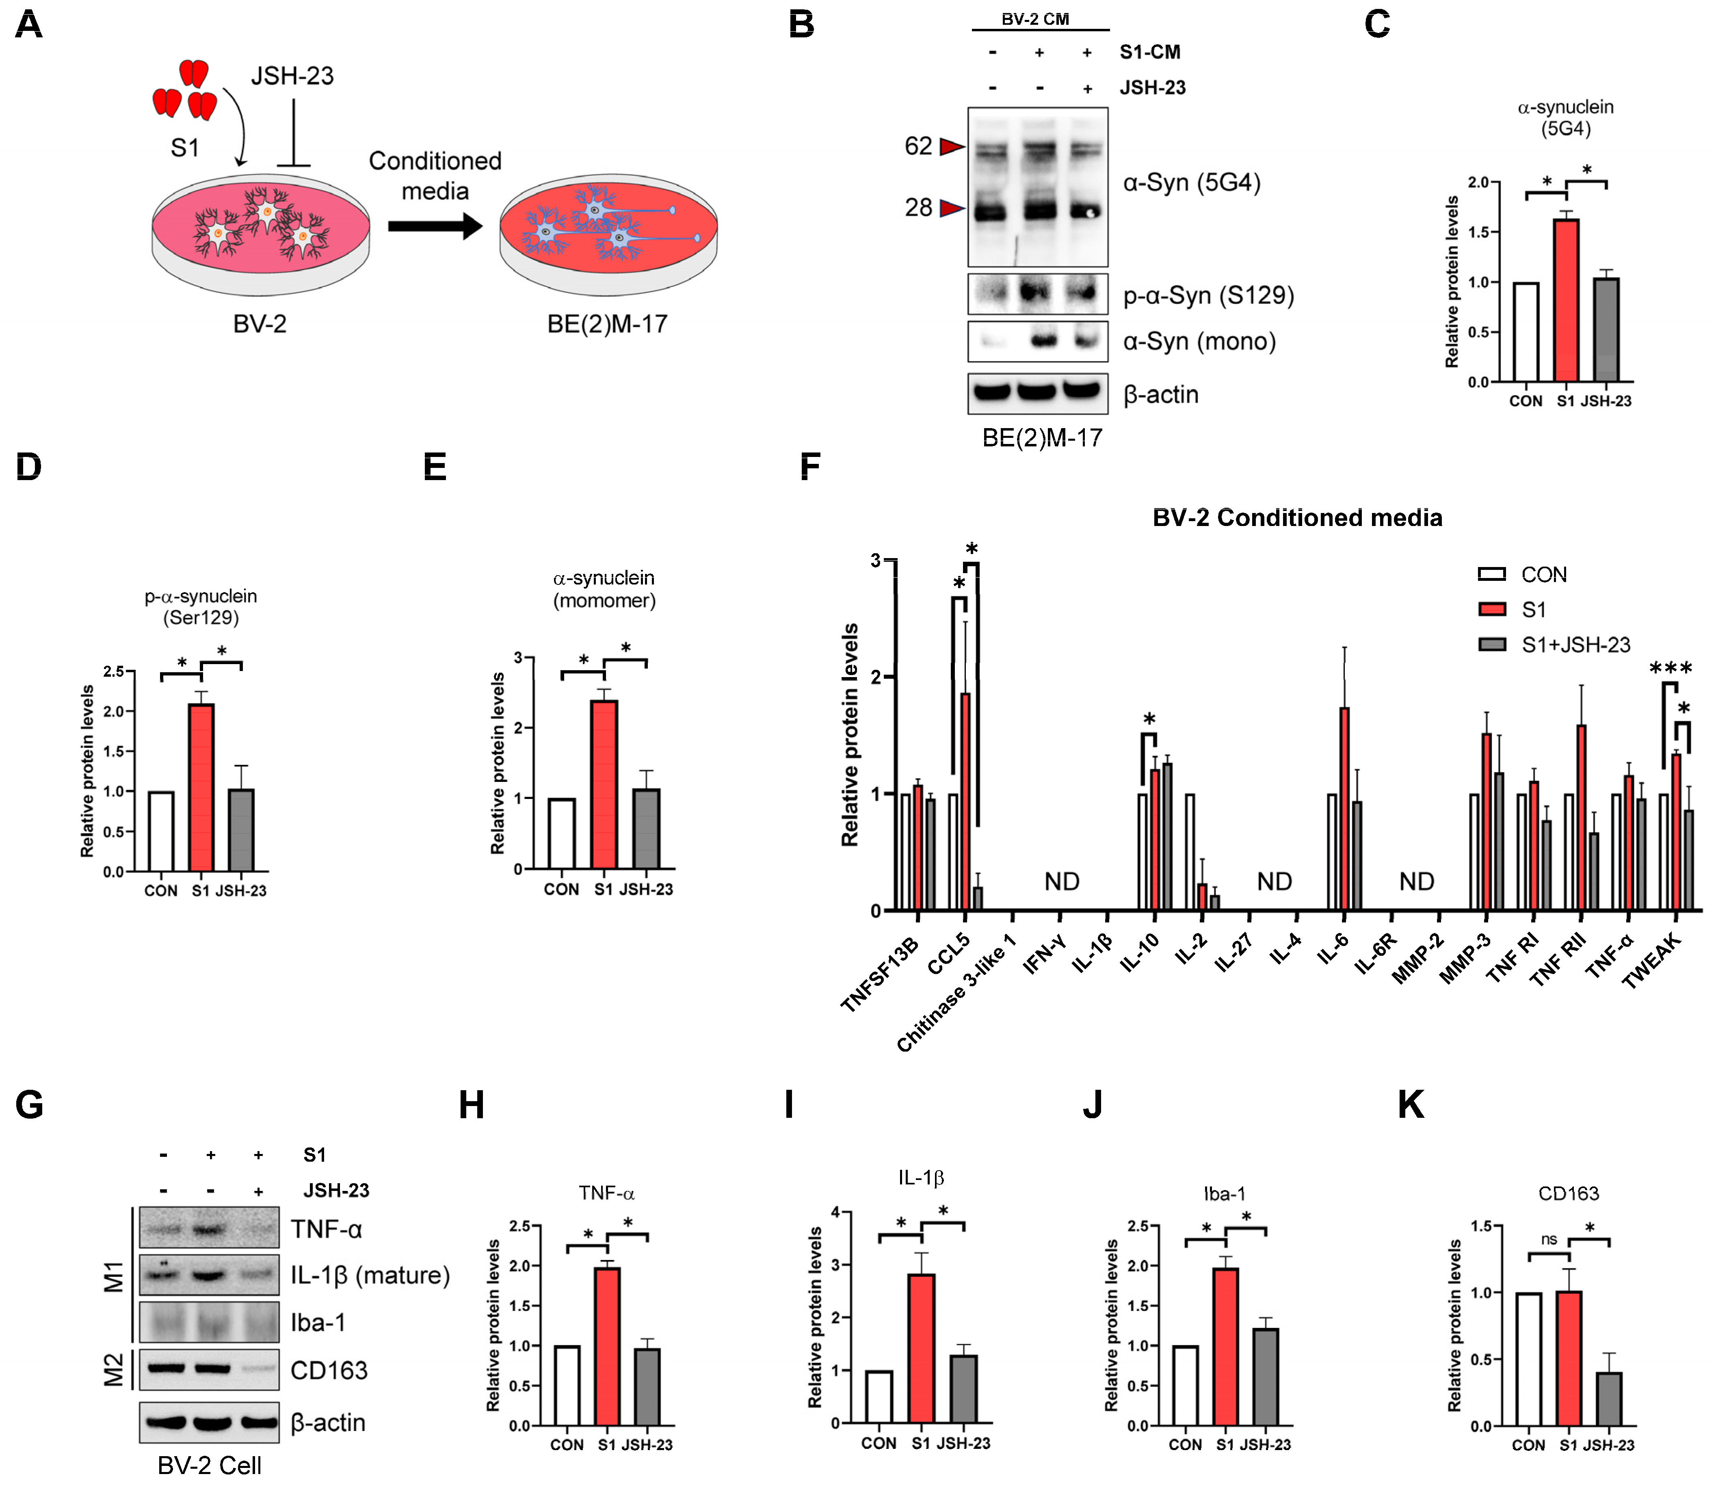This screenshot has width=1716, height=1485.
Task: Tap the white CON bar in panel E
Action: point(561,833)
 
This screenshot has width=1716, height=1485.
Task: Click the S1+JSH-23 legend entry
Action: point(1554,645)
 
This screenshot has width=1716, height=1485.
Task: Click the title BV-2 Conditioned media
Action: point(1297,518)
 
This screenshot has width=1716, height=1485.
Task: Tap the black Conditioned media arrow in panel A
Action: point(435,225)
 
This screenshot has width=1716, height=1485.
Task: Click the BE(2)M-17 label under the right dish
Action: point(607,324)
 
